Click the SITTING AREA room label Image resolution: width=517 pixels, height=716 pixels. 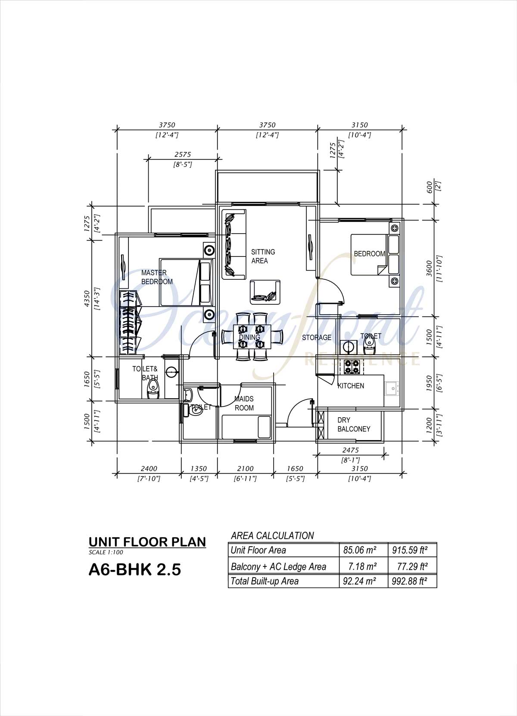[x=263, y=256]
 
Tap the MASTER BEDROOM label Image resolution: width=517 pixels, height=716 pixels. [x=157, y=277]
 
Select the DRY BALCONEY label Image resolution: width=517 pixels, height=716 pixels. [x=354, y=425]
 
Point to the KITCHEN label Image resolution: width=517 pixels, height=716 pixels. [x=351, y=386]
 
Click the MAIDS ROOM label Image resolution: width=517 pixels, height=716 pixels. [x=244, y=403]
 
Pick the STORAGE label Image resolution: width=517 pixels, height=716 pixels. [x=317, y=338]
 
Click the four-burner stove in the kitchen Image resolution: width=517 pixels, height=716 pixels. [x=352, y=367]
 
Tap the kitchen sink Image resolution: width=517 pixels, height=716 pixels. [x=392, y=389]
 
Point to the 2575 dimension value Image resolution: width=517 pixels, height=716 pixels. [x=183, y=154]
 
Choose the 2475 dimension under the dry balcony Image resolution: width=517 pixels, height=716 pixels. [x=351, y=450]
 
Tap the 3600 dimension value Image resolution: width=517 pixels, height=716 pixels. [x=429, y=269]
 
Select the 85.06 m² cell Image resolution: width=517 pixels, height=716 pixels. [x=360, y=550]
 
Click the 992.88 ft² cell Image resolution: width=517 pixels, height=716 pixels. [x=409, y=581]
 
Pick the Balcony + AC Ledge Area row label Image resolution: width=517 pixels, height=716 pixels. [x=278, y=567]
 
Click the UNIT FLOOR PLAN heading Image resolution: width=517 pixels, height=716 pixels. [x=147, y=542]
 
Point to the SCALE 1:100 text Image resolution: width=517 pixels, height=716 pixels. [x=106, y=552]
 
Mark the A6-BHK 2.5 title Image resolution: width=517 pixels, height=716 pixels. [x=134, y=569]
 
